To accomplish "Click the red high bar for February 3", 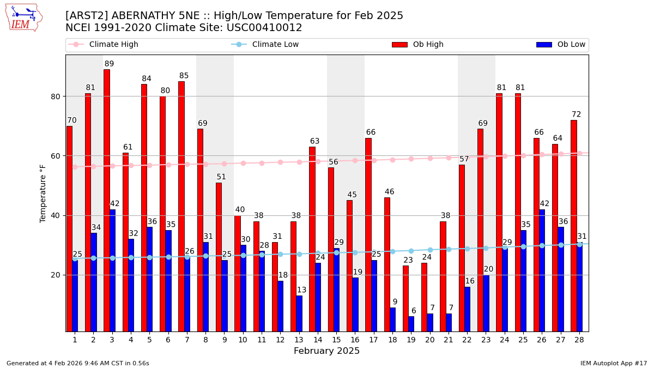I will click(x=107, y=200).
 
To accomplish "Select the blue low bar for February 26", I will click(x=542, y=270).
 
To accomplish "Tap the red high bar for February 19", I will click(x=405, y=298).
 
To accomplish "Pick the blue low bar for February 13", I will click(x=299, y=313).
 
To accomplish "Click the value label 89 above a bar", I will click(x=109, y=64).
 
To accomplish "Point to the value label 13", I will click(x=301, y=290).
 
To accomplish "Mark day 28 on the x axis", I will click(x=579, y=340).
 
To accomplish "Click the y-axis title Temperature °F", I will click(x=43, y=193).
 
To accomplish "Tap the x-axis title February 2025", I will click(x=327, y=351).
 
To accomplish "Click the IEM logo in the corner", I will click(x=23, y=17).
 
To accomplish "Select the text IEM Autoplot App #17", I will click(x=613, y=363).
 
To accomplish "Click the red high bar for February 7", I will click(x=181, y=206).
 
